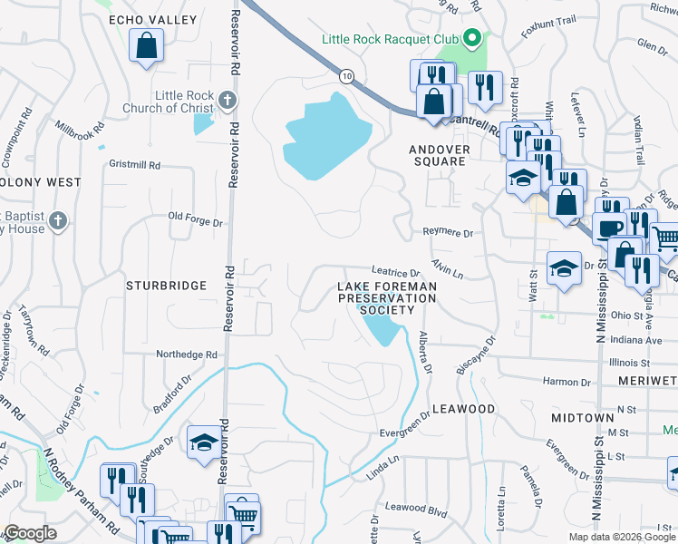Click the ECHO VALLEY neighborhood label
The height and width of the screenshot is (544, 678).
(x=140, y=19)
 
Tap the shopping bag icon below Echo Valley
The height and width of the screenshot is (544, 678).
(x=145, y=45)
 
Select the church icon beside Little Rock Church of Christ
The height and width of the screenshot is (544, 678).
(x=227, y=100)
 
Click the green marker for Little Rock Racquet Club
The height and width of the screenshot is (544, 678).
(x=471, y=39)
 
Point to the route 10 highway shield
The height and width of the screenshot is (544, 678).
(x=346, y=75)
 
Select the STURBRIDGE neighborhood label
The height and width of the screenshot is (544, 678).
(x=167, y=286)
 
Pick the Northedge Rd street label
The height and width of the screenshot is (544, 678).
(x=187, y=355)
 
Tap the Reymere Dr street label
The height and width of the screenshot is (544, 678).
(x=449, y=233)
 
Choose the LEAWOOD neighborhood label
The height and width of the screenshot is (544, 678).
(x=464, y=409)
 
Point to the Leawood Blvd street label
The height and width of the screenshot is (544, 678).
(x=416, y=511)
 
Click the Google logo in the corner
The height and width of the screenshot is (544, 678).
(x=30, y=533)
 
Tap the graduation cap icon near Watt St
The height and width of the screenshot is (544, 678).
(x=563, y=268)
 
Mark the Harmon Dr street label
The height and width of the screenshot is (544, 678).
(x=567, y=382)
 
